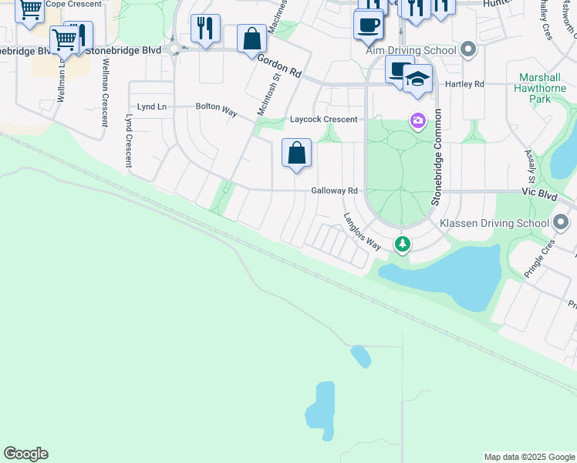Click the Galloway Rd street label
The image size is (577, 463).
[335, 191]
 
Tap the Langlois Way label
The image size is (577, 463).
[363, 231]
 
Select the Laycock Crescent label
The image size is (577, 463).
[324, 120]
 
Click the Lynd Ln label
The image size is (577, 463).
[151, 106]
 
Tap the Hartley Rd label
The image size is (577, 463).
[468, 84]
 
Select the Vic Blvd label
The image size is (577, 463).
[539, 197]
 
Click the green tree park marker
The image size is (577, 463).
[402, 244]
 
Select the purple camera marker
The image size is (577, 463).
[417, 121]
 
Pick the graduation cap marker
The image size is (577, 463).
[417, 79]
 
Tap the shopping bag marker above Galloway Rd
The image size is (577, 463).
[296, 153]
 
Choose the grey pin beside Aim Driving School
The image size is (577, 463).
[468, 50]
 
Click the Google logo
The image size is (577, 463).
[25, 454]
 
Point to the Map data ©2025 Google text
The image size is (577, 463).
[529, 457]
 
